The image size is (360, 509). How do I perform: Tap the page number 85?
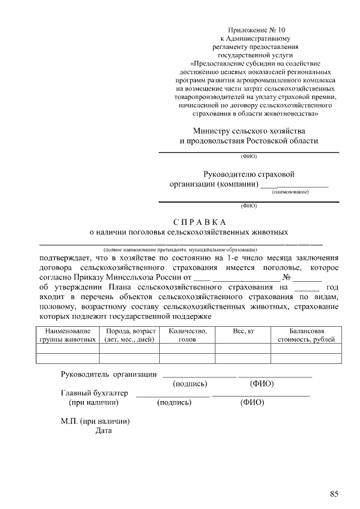(334, 494)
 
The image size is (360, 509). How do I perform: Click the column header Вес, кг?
(244, 332)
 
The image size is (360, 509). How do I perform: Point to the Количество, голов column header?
(187, 335)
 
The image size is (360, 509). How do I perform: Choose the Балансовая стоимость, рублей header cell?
(306, 335)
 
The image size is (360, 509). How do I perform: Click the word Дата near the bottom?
(103, 431)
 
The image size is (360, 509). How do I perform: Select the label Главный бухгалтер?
(94, 393)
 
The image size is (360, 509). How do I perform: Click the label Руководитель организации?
(109, 374)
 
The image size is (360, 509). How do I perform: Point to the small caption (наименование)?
(290, 192)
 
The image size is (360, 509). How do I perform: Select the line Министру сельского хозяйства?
(249, 130)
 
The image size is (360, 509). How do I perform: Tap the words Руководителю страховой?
(249, 174)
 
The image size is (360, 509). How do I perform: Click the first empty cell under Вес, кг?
(244, 349)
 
